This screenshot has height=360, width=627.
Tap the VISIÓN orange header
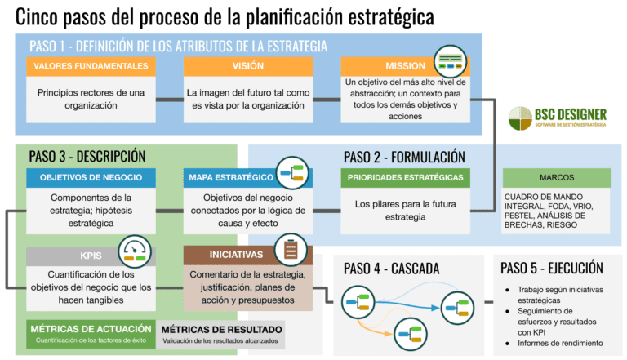(x=248, y=66)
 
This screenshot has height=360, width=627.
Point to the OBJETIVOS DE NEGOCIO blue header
(x=91, y=177)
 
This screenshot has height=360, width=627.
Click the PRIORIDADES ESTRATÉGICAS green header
(x=406, y=177)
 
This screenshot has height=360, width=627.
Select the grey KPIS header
(x=78, y=255)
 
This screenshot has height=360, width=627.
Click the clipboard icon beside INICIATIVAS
(x=290, y=250)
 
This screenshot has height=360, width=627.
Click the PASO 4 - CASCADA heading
(x=392, y=268)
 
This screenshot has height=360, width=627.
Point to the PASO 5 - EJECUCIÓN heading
(x=552, y=268)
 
